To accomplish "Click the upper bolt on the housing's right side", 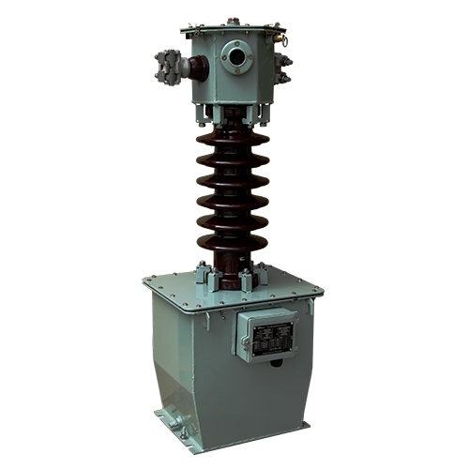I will point(286,62).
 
